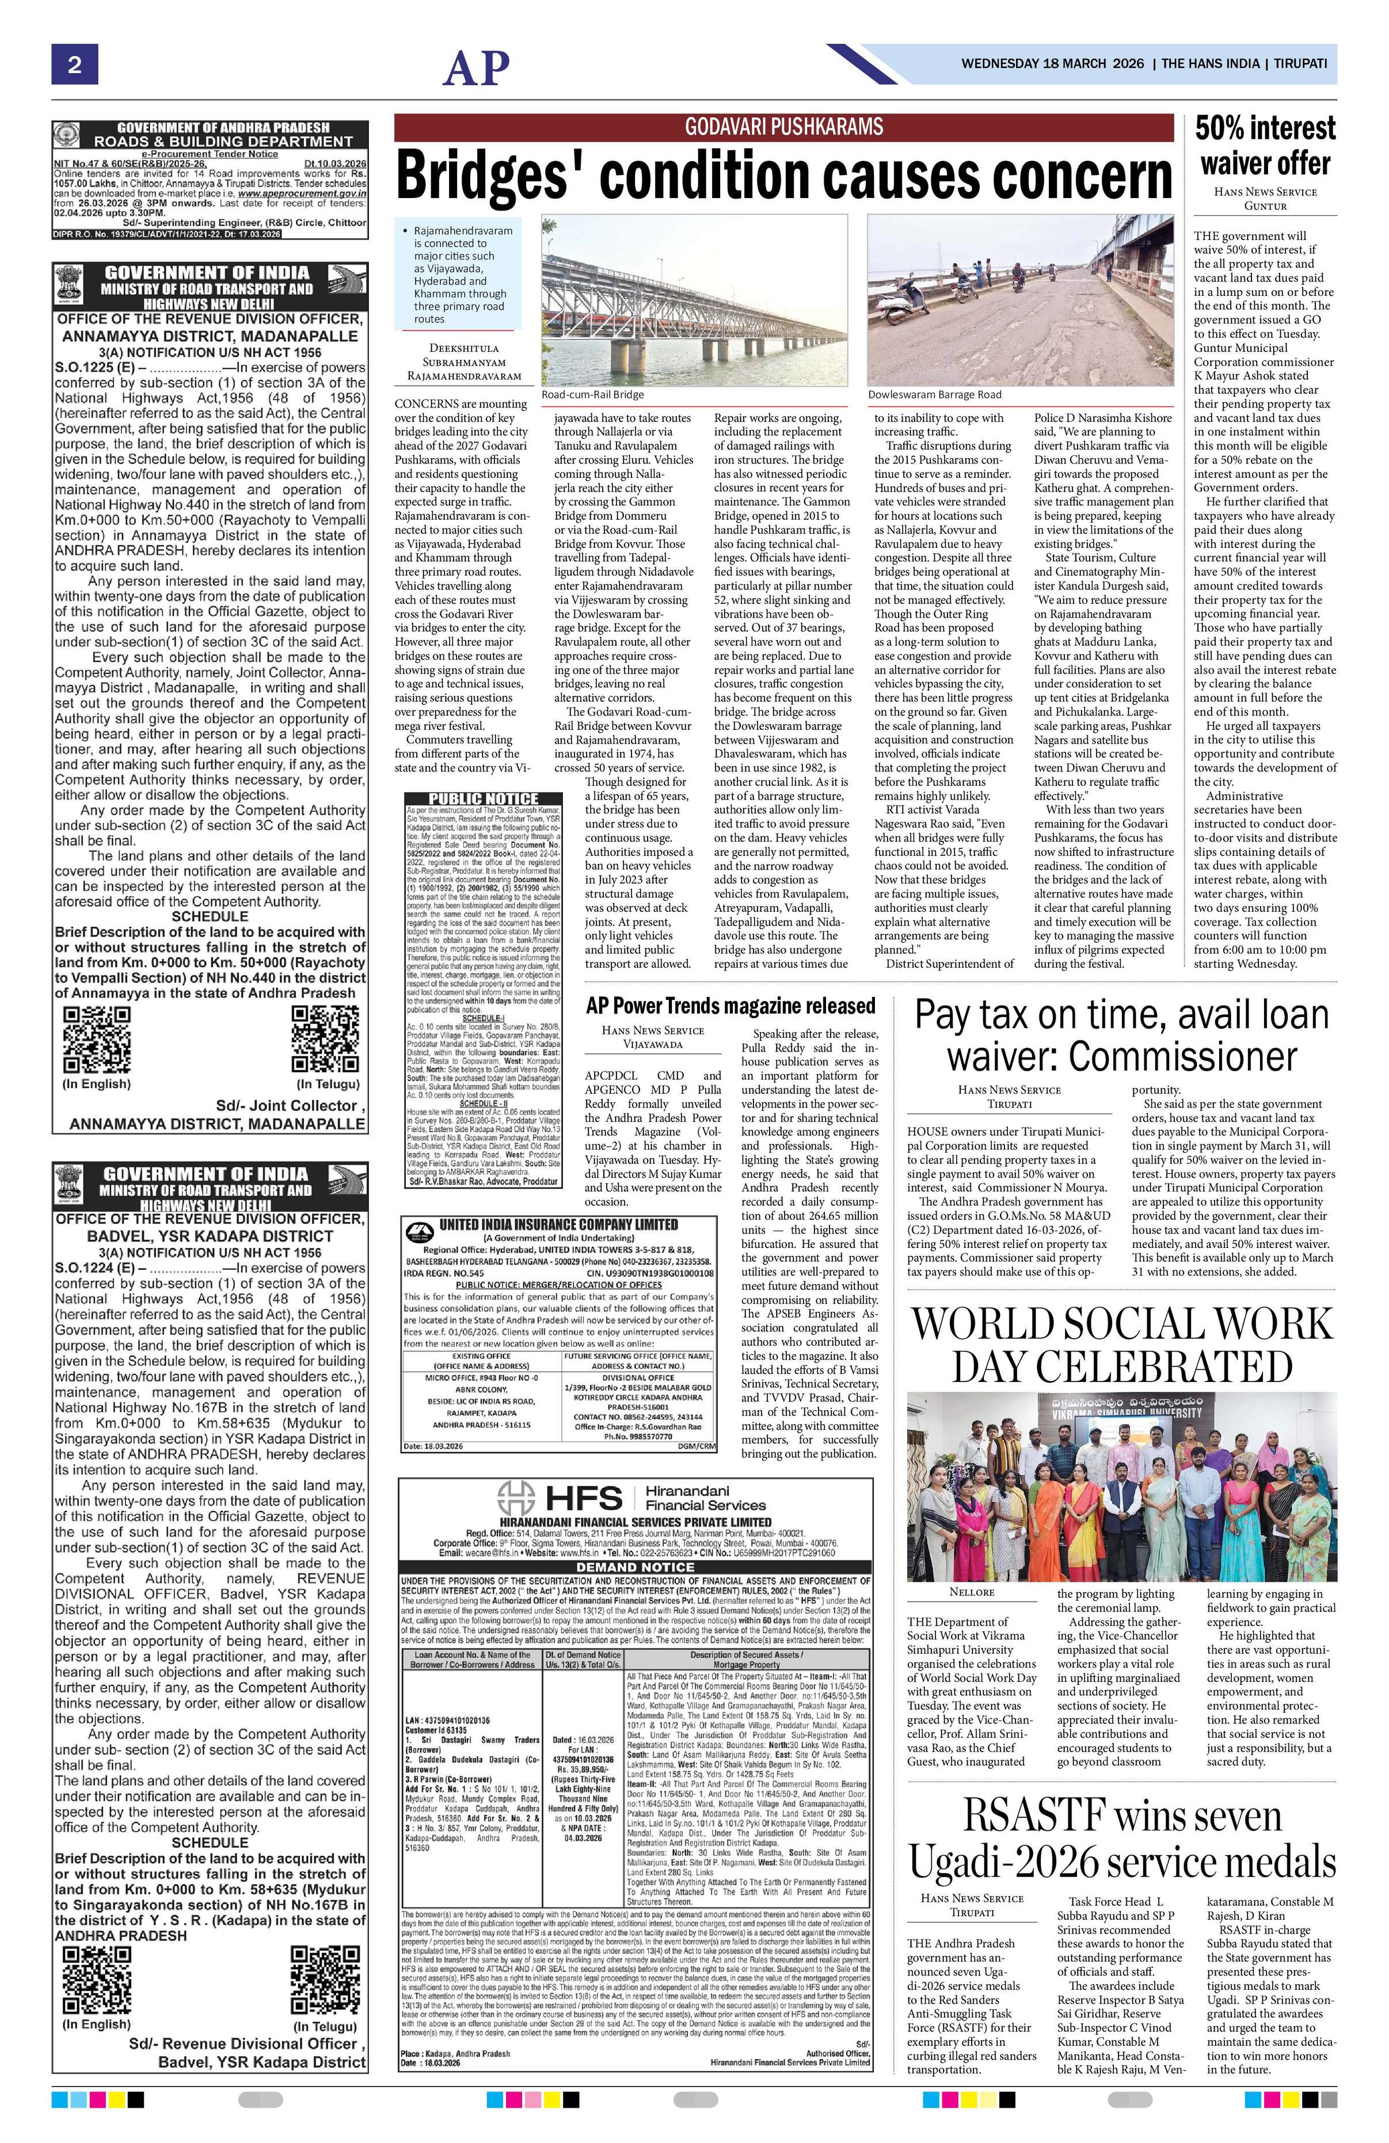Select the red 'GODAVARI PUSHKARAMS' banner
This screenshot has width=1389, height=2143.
tap(784, 127)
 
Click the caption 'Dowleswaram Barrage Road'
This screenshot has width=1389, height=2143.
tap(934, 394)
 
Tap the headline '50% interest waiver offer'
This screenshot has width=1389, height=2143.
tap(1265, 146)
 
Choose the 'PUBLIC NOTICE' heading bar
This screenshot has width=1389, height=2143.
tap(484, 799)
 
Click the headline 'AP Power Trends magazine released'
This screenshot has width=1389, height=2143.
tap(730, 1005)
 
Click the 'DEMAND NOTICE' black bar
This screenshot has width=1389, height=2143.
tap(635, 1567)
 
